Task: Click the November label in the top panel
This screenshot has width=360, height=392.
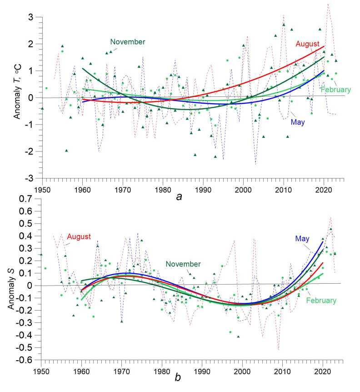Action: (128, 42)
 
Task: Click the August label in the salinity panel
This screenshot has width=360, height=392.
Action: (79, 236)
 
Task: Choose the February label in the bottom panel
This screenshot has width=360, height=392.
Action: (321, 300)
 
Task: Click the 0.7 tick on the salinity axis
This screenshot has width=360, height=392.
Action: (30, 200)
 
